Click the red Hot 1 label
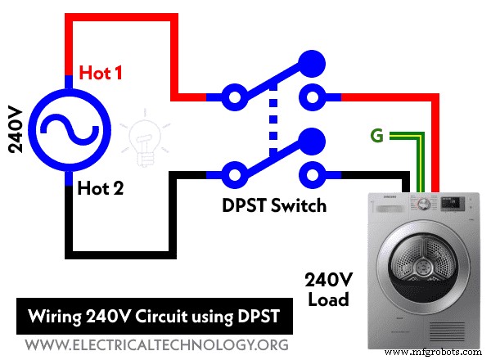point(100,74)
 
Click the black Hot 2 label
point(100,189)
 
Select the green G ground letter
point(377,136)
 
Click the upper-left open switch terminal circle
point(236,98)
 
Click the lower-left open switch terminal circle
point(236,174)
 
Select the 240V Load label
point(328,289)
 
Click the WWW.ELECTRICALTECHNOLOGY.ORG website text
point(152,344)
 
